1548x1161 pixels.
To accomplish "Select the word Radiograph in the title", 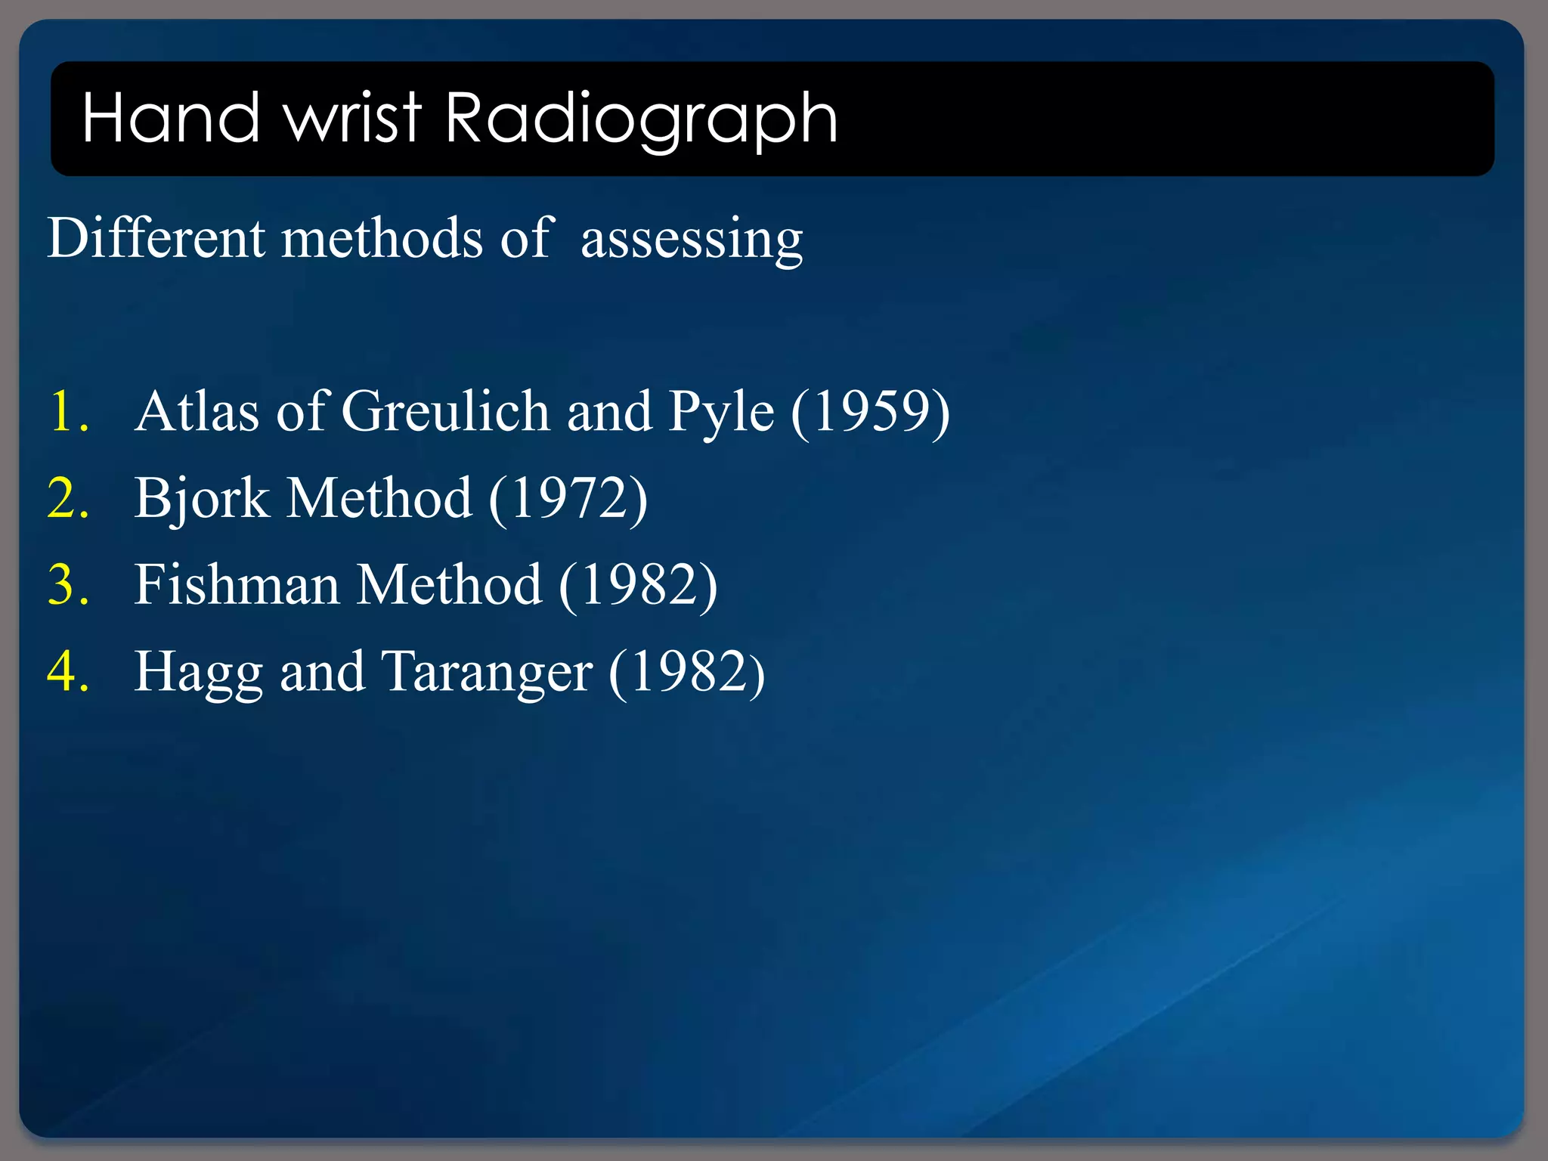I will point(641,119).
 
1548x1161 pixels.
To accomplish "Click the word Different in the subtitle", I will point(156,237).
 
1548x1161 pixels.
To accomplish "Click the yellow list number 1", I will point(67,412).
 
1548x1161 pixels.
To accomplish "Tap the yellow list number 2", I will point(67,499).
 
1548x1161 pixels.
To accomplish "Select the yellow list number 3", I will point(67,585).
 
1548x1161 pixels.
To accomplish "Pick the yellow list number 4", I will point(67,672).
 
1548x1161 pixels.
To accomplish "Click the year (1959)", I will point(870,412).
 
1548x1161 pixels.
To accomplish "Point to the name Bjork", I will point(202,499).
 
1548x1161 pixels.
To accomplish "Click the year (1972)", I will point(568,499).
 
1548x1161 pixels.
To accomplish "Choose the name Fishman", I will point(237,585).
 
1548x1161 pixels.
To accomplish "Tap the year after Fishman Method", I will point(638,585).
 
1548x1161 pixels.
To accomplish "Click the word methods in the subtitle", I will point(382,237).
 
